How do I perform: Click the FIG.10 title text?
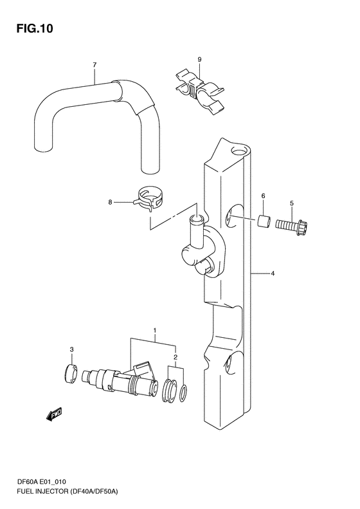tap(35, 28)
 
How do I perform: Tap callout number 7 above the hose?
tap(94, 65)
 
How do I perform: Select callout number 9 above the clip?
tap(199, 59)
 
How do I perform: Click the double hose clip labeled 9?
tap(199, 92)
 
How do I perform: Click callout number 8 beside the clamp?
tap(111, 202)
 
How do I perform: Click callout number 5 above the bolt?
tap(292, 203)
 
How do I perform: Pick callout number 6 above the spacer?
tap(263, 196)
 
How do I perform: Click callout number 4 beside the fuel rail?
tap(273, 273)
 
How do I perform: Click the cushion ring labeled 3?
tap(70, 374)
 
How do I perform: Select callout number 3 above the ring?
tap(71, 349)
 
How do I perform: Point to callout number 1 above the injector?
tap(155, 331)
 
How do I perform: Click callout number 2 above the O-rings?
tap(175, 357)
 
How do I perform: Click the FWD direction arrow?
tap(54, 414)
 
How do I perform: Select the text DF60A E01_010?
tap(42, 491)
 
